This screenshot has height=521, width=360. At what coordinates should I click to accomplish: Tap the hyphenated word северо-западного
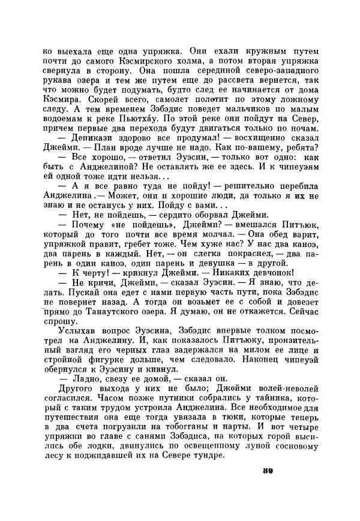[277, 74]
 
